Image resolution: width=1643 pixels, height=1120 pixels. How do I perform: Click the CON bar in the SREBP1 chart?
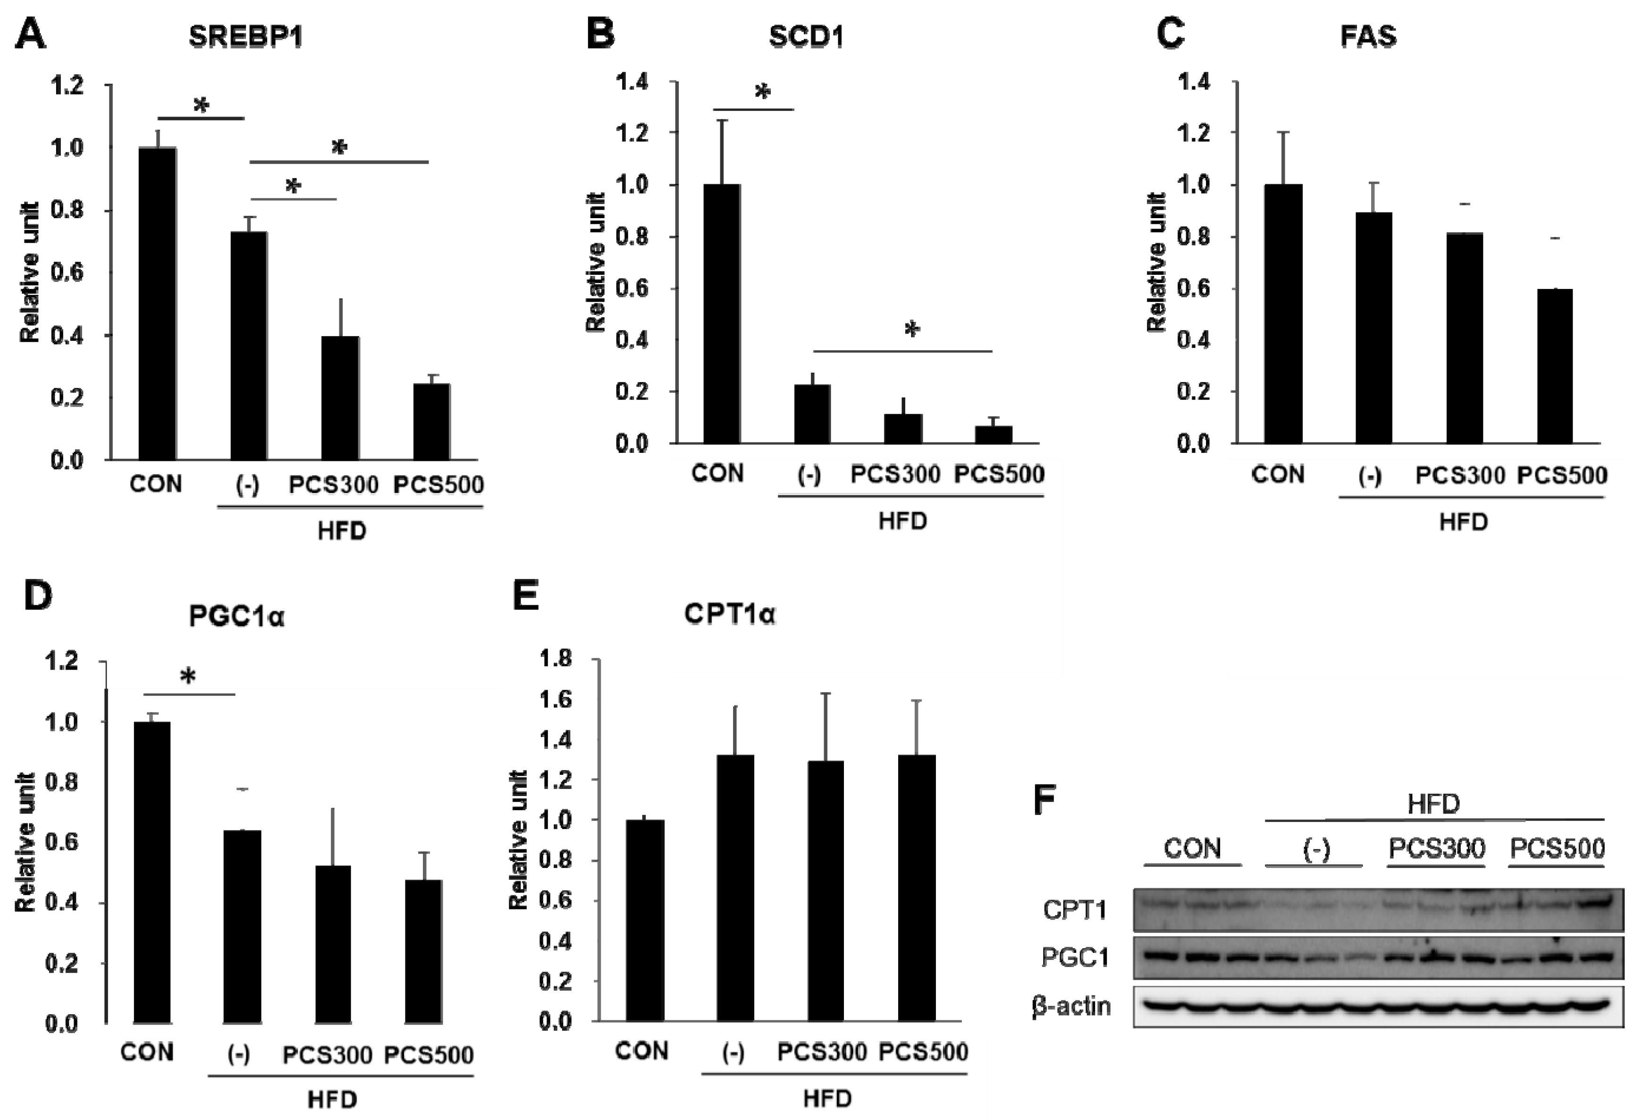pos(157,304)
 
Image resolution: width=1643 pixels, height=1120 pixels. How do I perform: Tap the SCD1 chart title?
pos(806,37)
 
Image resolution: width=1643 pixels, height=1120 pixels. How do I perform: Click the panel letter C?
pos(1171,34)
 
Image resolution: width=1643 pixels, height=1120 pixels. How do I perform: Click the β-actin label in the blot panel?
pos(1071,1005)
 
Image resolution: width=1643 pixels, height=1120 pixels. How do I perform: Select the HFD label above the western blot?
pos(1433,805)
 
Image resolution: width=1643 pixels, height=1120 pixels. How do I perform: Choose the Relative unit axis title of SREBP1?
pos(30,272)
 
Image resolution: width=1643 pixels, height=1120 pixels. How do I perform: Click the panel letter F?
pos(1045,800)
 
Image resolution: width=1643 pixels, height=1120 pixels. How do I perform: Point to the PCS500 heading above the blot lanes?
pos(1558,848)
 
